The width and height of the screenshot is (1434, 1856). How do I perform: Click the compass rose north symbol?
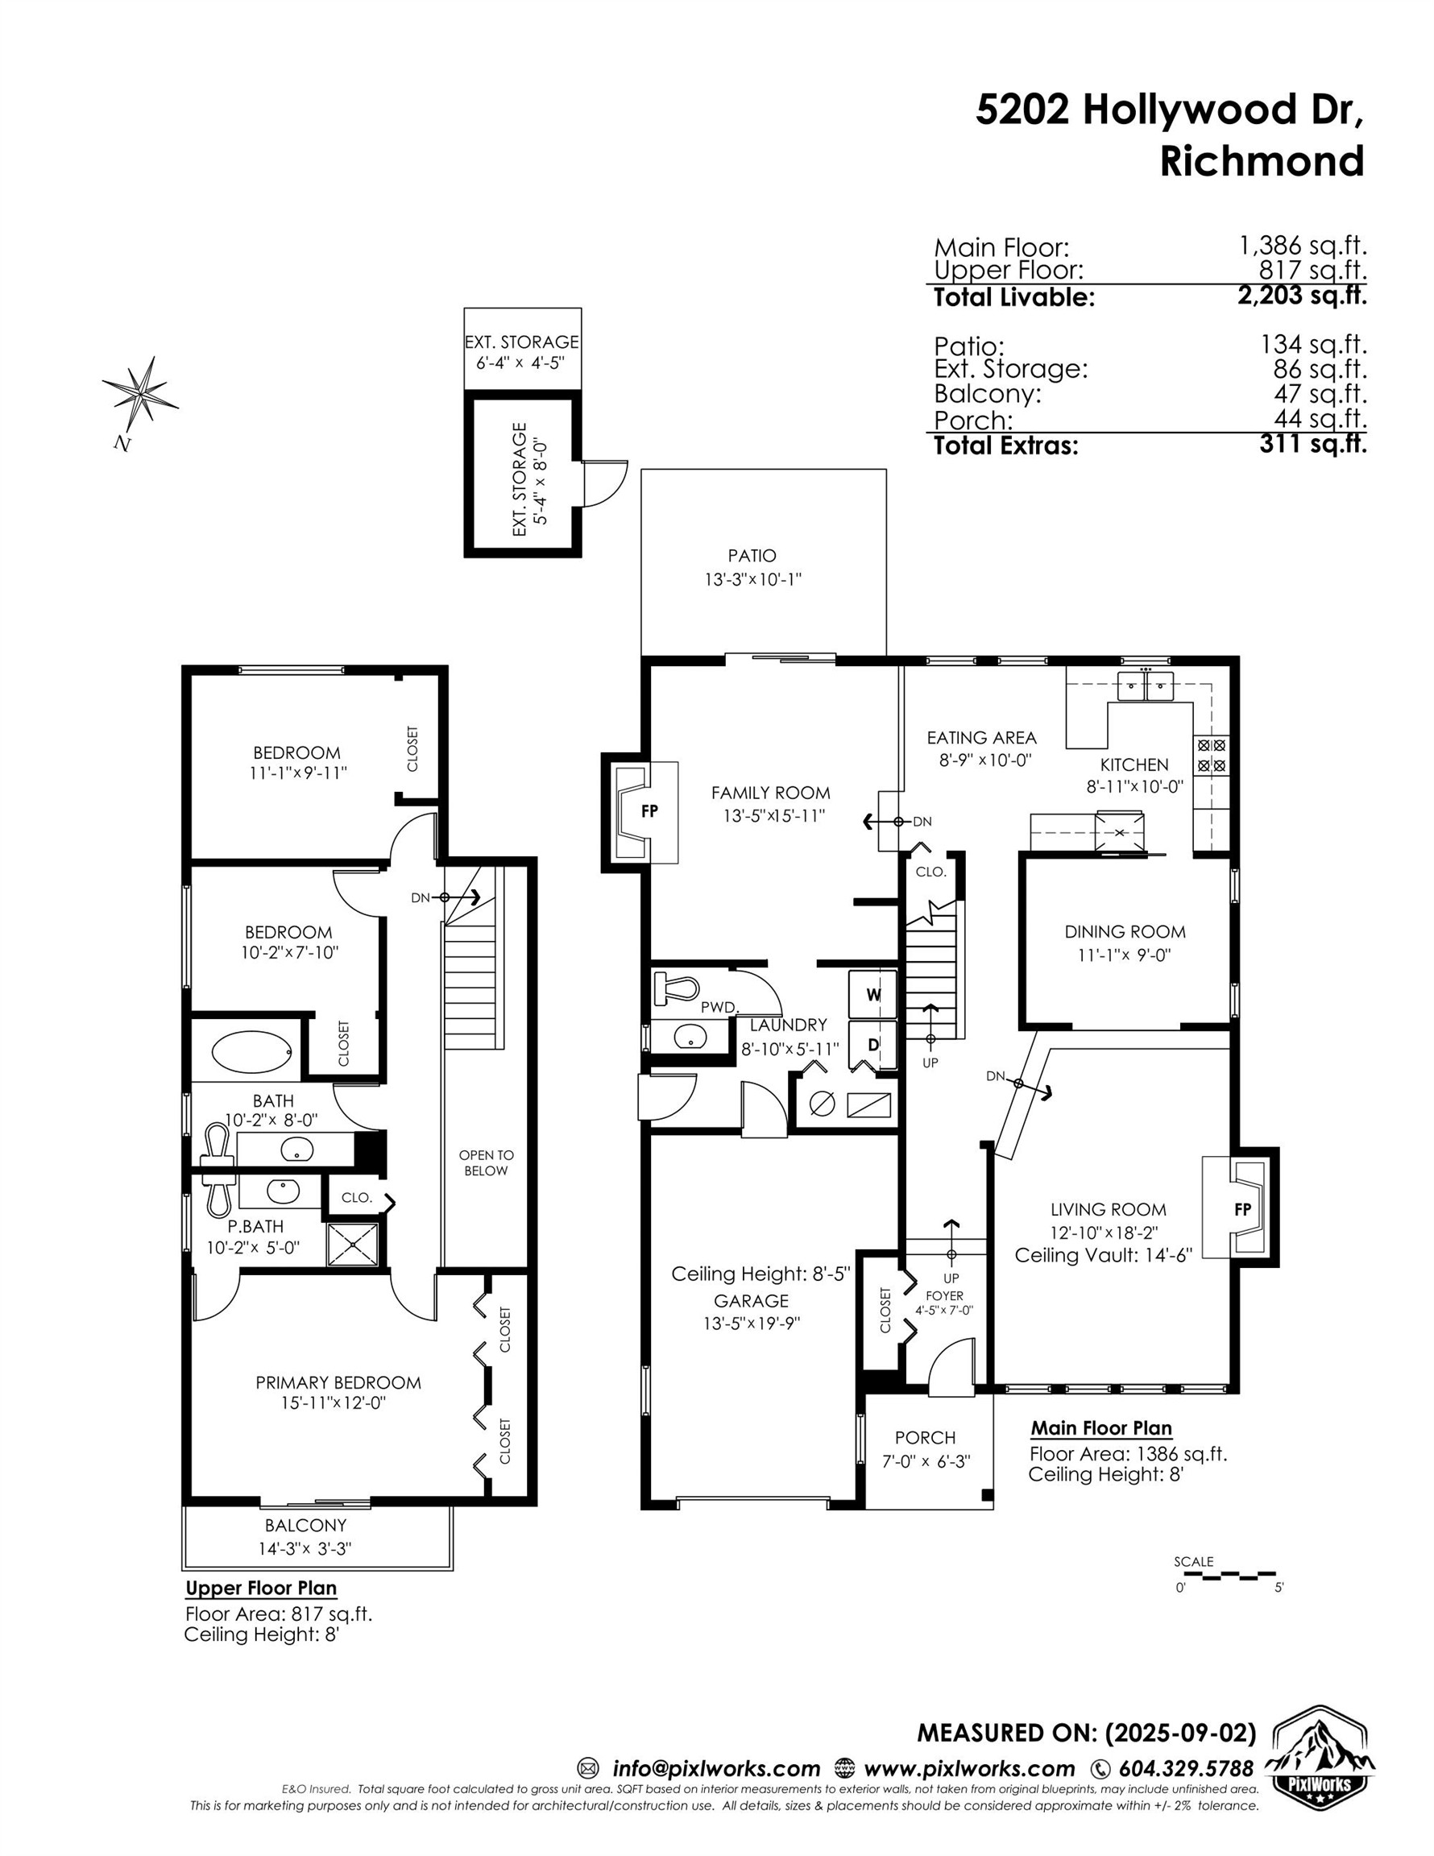click(x=140, y=392)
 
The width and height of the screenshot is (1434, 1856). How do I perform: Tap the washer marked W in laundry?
click(x=873, y=994)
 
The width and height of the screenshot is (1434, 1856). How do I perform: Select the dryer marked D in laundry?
click(x=873, y=1046)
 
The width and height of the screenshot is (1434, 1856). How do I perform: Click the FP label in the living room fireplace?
click(x=1242, y=1208)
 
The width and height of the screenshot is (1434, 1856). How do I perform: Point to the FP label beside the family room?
click(x=649, y=810)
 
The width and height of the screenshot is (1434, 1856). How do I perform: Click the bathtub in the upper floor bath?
click(x=251, y=1052)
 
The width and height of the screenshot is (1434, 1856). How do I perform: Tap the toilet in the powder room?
click(x=676, y=988)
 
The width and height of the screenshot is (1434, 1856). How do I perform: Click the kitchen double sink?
click(x=1146, y=684)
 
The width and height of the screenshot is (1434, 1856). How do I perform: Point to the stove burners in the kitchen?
click(x=1212, y=755)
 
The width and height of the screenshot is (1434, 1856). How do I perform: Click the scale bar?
click(x=1229, y=1575)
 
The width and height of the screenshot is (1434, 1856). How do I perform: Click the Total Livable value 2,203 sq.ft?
click(x=1300, y=296)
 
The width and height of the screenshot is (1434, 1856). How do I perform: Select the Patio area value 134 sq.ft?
click(x=1312, y=344)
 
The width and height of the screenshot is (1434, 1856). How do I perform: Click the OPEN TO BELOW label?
click(x=487, y=1162)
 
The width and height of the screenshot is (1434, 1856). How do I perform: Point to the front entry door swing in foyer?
click(x=951, y=1368)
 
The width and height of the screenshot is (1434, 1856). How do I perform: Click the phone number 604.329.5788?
click(x=1186, y=1768)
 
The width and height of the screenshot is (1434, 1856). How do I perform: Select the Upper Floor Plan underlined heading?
click(x=261, y=1588)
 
